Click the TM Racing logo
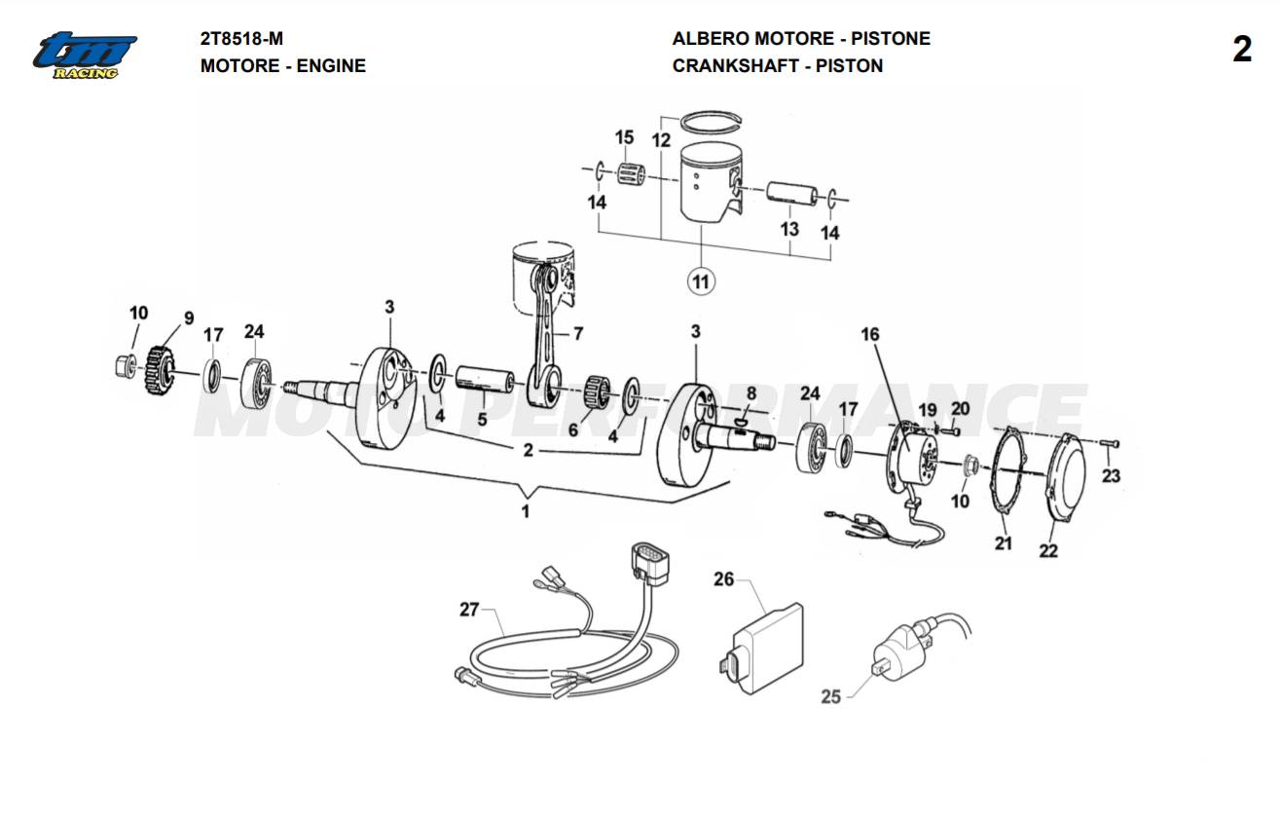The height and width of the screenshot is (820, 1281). (x=86, y=55)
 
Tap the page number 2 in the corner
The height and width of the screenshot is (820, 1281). (x=1242, y=50)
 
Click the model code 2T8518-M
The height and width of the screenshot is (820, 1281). (x=241, y=39)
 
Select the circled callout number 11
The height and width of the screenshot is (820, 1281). (x=700, y=282)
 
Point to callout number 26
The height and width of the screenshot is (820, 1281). (x=723, y=579)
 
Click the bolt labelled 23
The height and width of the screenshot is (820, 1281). (x=1113, y=445)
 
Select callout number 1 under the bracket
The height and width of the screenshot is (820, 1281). (x=526, y=511)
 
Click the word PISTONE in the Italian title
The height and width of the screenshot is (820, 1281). (x=891, y=39)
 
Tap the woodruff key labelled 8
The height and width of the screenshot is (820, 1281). (x=742, y=422)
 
